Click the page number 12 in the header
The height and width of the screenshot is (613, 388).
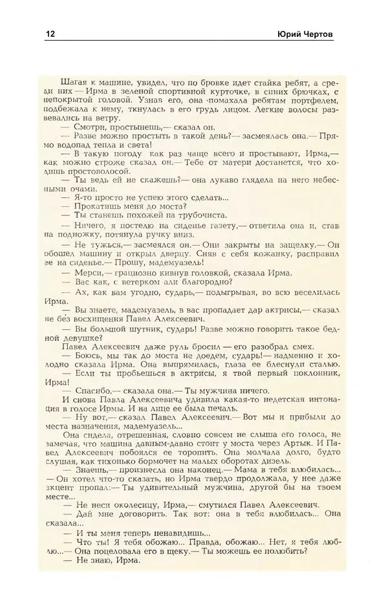[x=50, y=35]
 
